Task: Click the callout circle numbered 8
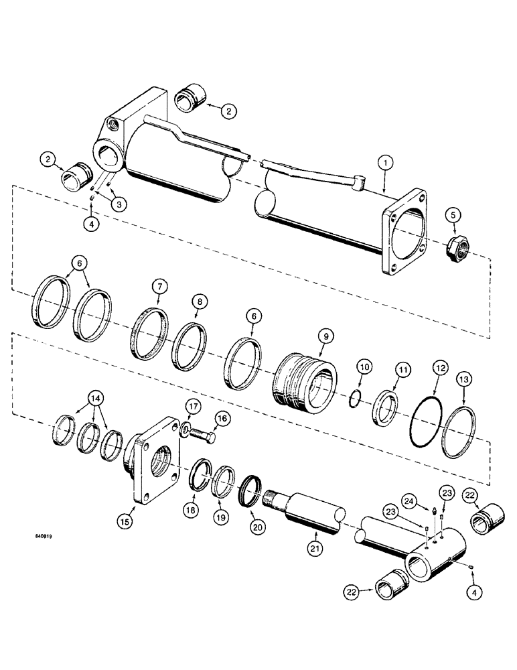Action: coord(198,302)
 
